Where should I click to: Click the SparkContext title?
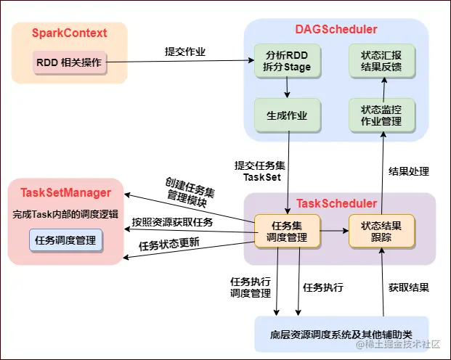point(69,33)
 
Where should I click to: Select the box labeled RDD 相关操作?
point(69,62)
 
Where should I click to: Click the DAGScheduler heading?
point(336,30)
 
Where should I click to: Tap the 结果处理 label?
point(409,172)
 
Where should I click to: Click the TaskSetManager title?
point(65,192)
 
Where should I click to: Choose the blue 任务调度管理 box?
point(65,240)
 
